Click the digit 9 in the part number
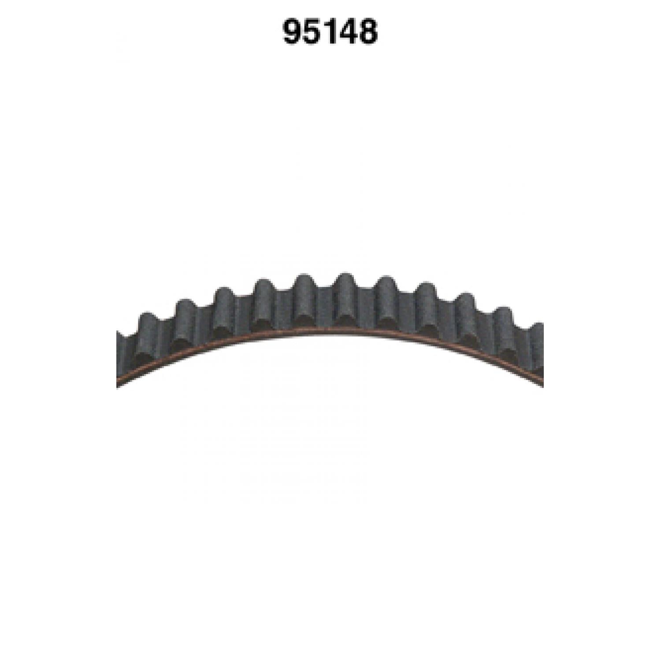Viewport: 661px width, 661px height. tap(292, 32)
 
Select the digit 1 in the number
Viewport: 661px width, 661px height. tap(328, 32)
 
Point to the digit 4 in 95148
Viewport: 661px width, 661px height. tap(349, 32)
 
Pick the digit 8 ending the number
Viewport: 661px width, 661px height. tap(368, 32)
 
